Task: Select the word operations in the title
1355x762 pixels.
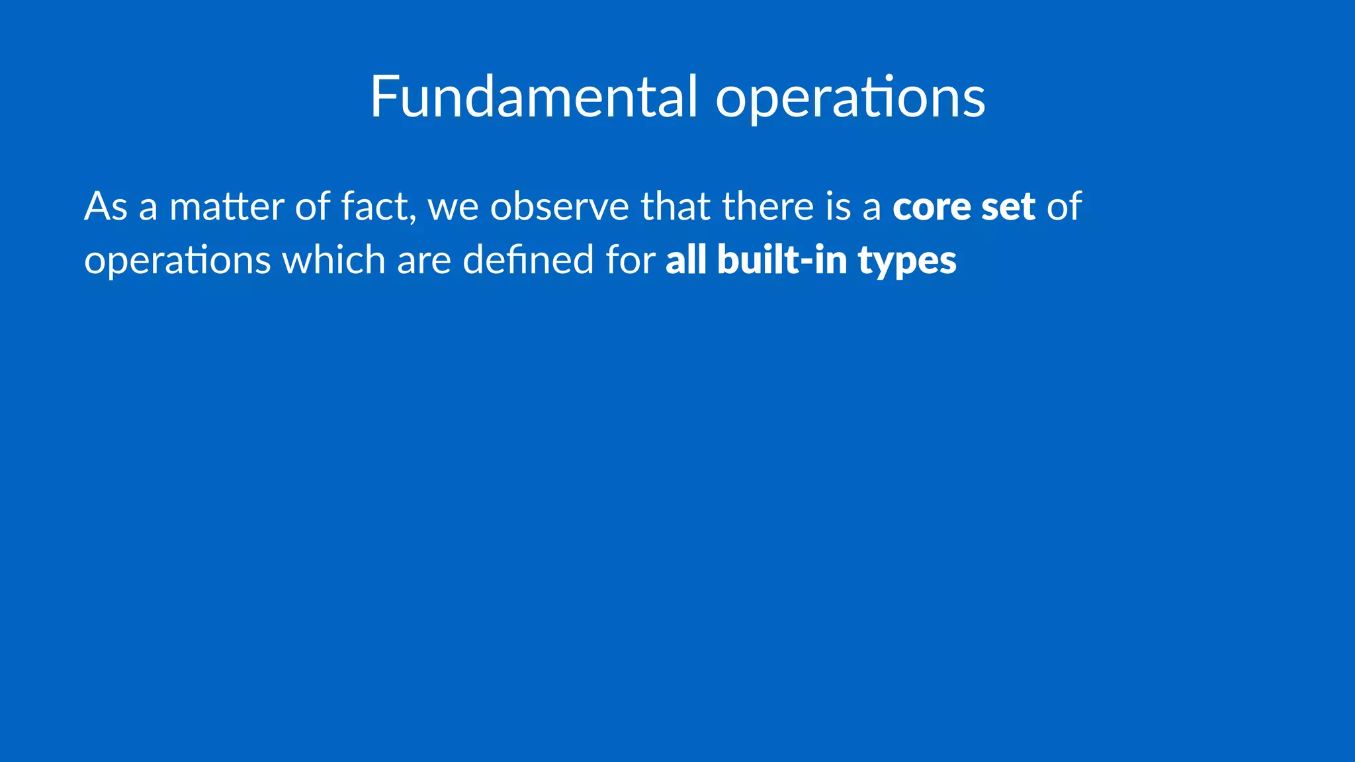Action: tap(850, 98)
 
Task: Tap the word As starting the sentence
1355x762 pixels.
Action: tap(106, 206)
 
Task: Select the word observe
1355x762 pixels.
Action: tap(560, 206)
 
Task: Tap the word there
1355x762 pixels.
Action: tap(767, 206)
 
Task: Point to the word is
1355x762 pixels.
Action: tap(838, 206)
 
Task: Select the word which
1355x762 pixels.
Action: tap(334, 259)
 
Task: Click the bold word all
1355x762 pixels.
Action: tap(686, 259)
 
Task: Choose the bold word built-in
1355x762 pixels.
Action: tap(782, 259)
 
